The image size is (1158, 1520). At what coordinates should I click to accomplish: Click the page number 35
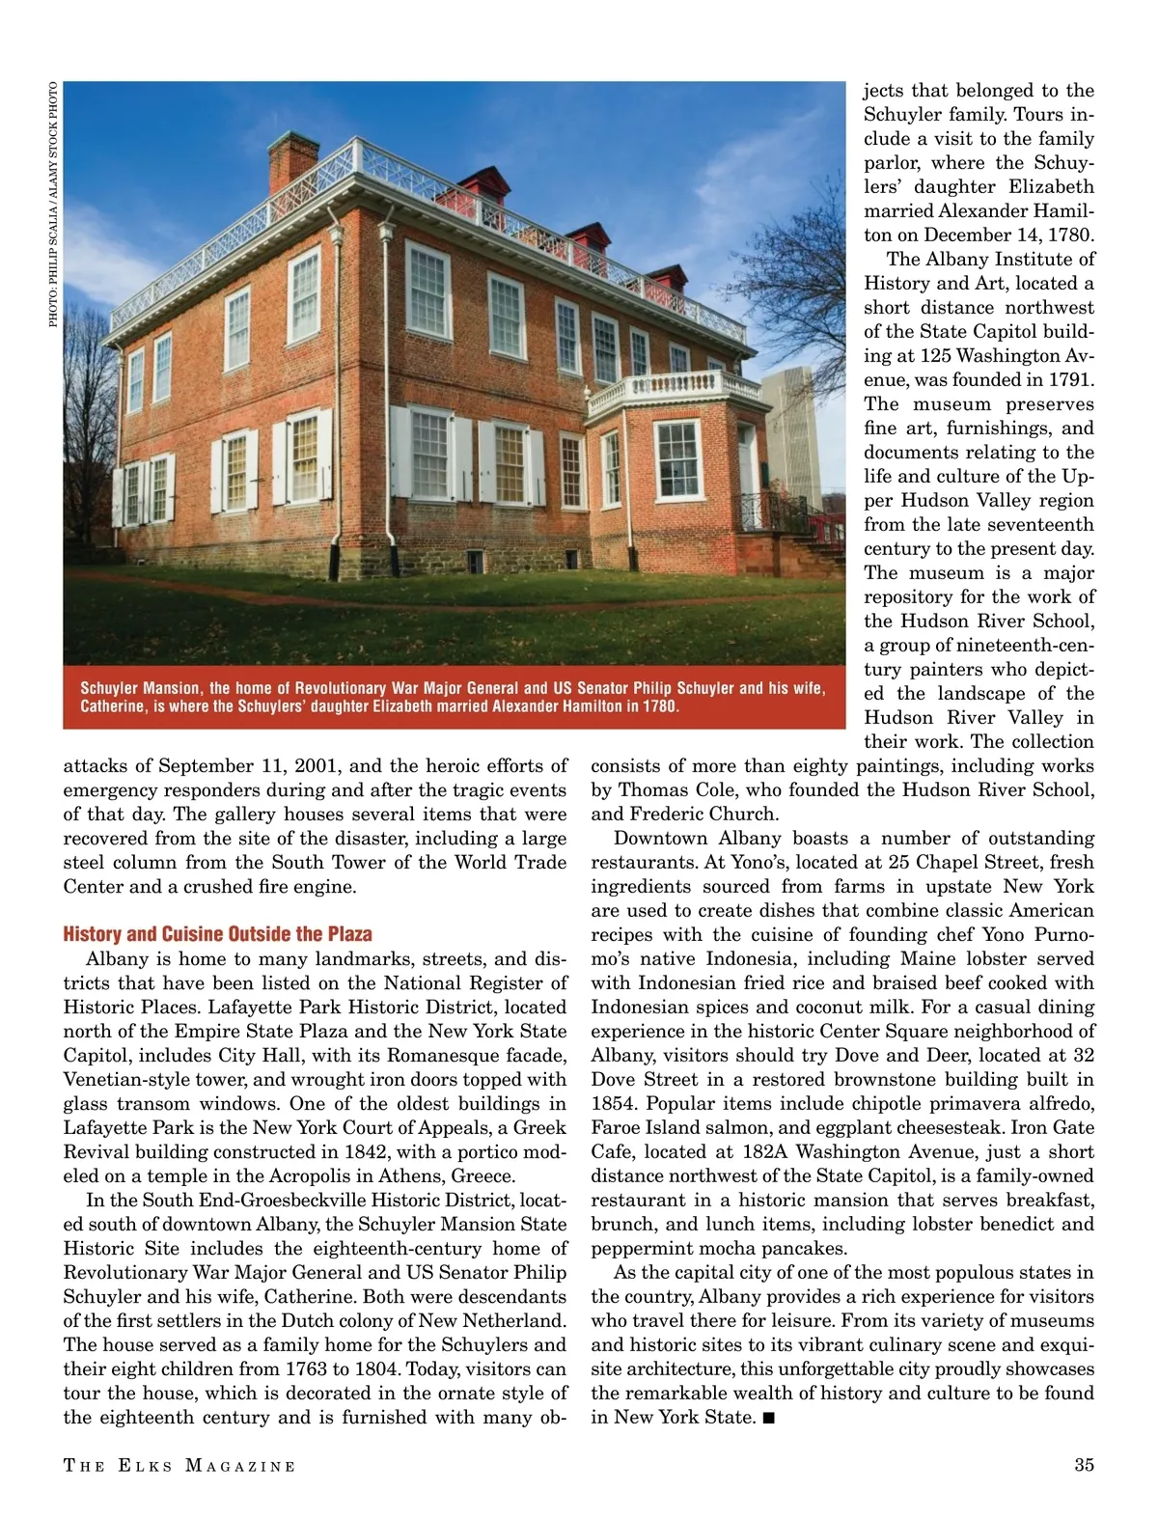click(1084, 1465)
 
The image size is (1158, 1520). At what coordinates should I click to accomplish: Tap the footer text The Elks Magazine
click(179, 1466)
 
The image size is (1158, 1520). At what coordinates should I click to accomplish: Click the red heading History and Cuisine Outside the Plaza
click(217, 934)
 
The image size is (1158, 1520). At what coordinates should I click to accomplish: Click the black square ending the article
click(768, 1418)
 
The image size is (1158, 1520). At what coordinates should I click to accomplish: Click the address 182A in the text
click(765, 1151)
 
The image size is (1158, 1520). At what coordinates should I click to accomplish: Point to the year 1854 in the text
click(613, 1103)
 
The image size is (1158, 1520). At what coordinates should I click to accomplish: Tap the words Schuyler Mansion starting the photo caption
click(141, 688)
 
